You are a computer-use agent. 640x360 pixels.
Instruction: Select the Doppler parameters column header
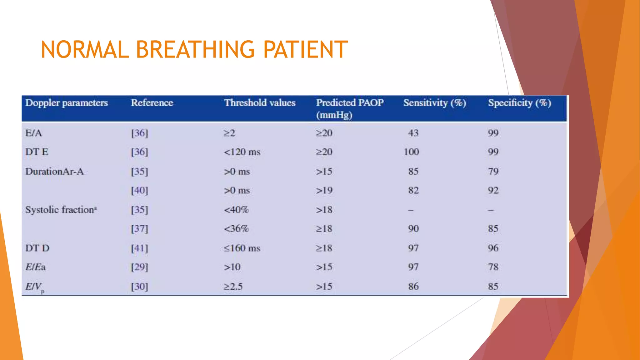(x=67, y=103)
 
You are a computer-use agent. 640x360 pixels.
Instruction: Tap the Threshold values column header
(x=260, y=103)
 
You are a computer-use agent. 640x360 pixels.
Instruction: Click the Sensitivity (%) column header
(x=434, y=103)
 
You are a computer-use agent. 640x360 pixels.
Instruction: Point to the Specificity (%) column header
(x=519, y=103)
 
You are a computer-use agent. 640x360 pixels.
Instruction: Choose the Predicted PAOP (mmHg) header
(x=350, y=109)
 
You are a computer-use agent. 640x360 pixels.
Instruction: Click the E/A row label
(x=34, y=133)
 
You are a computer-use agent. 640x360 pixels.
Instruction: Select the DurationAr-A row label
(x=54, y=172)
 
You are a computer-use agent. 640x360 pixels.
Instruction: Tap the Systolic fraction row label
(x=61, y=210)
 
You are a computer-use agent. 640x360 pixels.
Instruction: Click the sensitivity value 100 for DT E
(x=411, y=152)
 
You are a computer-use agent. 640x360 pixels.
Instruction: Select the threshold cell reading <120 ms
(x=242, y=152)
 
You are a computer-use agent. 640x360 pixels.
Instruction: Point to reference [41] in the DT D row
(x=139, y=248)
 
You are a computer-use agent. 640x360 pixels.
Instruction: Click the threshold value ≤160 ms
(x=242, y=248)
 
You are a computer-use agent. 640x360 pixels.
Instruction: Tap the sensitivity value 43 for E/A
(x=413, y=133)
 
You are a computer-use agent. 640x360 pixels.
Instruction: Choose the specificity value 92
(x=493, y=191)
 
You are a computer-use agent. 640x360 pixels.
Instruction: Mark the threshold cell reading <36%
(x=236, y=229)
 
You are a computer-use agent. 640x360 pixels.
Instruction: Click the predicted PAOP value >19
(x=324, y=191)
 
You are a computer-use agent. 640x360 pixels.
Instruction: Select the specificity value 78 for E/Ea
(x=493, y=267)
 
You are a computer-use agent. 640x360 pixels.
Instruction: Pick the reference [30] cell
(x=139, y=287)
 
